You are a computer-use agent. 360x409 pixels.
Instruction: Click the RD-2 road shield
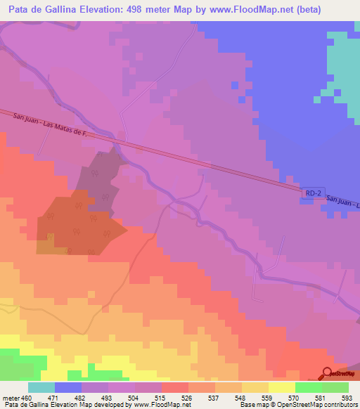(x=314, y=193)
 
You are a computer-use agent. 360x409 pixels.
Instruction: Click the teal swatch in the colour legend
(x=41, y=388)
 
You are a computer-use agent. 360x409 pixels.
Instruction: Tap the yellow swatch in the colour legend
(x=282, y=388)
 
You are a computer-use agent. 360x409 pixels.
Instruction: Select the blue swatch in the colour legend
(x=68, y=388)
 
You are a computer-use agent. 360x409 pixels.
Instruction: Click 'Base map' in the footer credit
(x=252, y=405)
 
